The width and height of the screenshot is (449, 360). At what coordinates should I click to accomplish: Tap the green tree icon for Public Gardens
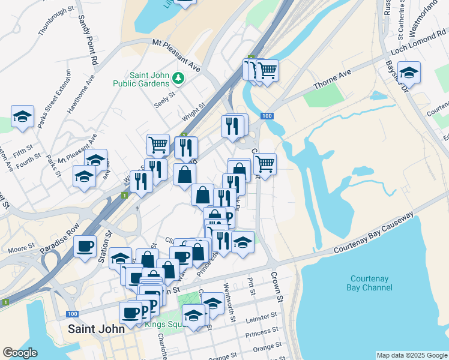click(178, 78)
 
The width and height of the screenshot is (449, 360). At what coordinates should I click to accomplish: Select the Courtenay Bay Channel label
click(369, 283)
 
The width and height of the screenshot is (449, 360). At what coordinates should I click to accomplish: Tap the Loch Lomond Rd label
click(419, 42)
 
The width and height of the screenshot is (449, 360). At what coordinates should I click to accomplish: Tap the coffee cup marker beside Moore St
click(85, 246)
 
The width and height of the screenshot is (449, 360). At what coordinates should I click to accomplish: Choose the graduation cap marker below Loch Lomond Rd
click(409, 72)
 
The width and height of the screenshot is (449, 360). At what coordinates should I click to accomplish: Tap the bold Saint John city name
click(96, 329)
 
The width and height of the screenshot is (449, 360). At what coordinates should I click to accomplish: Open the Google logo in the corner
click(20, 353)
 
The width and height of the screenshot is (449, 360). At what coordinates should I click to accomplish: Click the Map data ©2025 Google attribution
click(411, 355)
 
